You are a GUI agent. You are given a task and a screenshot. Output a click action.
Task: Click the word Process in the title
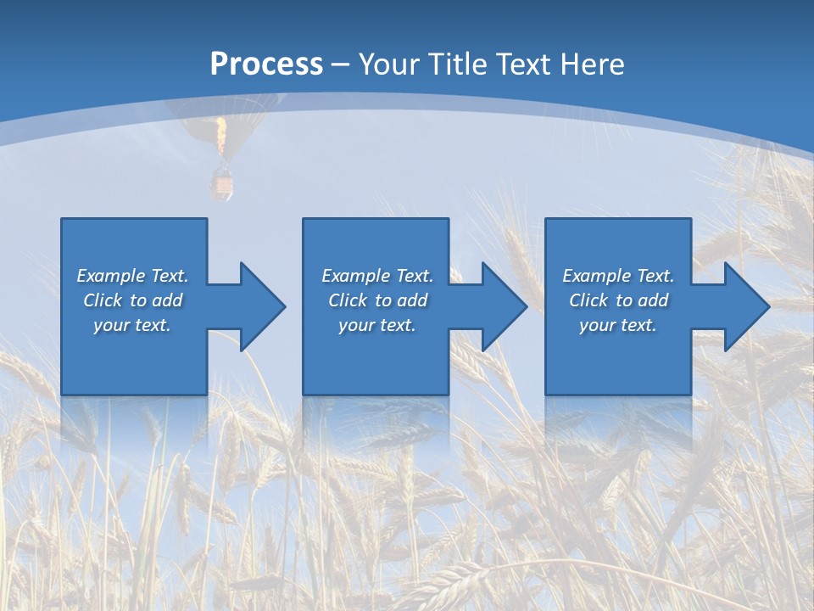266,64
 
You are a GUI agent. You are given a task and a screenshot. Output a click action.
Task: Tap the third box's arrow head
745,306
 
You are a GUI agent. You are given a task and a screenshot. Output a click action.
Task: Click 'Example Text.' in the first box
132,276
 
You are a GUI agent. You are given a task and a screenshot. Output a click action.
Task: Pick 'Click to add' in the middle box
377,300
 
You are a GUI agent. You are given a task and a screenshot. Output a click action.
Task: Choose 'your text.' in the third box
618,325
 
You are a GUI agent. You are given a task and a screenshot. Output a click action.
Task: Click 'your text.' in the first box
132,325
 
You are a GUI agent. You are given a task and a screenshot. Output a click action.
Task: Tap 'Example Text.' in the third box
618,276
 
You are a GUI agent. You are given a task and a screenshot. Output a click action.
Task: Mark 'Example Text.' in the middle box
377,276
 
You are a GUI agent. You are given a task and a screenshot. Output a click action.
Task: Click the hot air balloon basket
221,184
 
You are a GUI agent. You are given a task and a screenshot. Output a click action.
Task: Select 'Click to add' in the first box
132,300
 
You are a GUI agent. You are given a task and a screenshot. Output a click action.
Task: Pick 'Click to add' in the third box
618,300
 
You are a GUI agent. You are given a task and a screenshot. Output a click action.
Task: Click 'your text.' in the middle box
377,325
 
